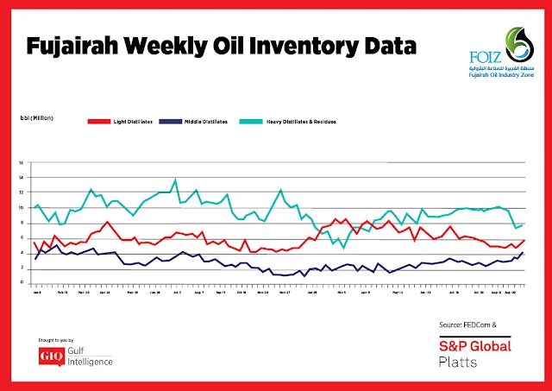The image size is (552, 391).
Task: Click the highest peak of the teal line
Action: point(176,180)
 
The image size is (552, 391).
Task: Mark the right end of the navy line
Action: point(524,252)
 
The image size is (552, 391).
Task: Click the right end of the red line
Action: point(524,240)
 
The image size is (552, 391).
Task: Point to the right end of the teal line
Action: point(524,224)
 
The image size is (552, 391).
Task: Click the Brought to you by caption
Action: point(60,341)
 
